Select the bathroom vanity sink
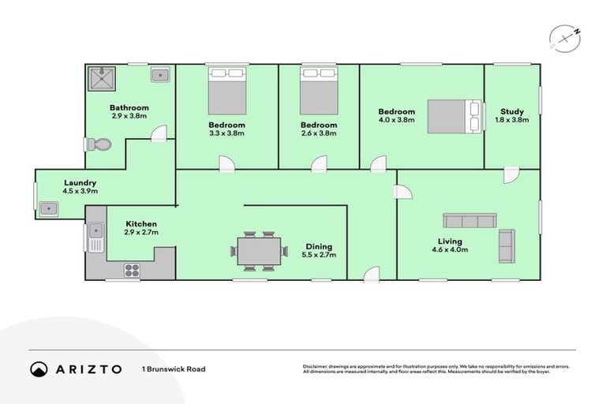click(160, 75)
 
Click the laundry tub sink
click(47, 209)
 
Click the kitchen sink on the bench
click(95, 235)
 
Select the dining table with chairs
click(258, 252)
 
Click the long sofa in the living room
click(469, 220)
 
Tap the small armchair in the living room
click(507, 246)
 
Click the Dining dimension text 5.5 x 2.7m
click(319, 255)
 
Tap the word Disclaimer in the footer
click(317, 366)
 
